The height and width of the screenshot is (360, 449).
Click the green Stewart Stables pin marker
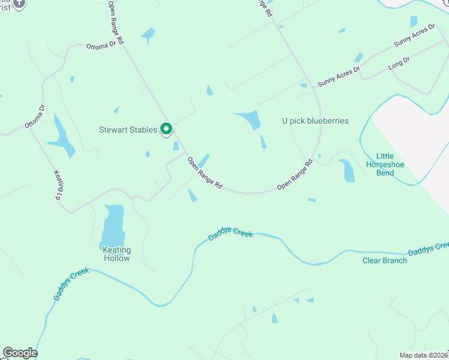[x=166, y=129]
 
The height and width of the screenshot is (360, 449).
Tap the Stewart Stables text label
[x=128, y=130]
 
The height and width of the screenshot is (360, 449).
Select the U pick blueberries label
[x=315, y=121]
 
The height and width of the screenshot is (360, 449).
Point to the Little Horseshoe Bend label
[x=385, y=164]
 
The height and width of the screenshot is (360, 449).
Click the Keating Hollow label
[x=116, y=254]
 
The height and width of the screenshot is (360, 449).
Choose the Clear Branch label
[x=385, y=260]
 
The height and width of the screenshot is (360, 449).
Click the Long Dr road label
[x=399, y=63]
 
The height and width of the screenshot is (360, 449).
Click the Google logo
[x=20, y=353]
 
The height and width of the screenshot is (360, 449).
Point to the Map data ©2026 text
[x=424, y=355]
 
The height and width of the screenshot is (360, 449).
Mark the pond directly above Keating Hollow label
[x=113, y=224]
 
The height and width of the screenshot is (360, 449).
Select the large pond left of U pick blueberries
[x=250, y=119]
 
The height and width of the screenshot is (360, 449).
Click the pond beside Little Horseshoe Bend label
[x=347, y=170]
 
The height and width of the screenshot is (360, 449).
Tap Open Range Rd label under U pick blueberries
[x=295, y=175]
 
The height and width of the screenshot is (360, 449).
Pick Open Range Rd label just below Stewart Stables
[x=205, y=173]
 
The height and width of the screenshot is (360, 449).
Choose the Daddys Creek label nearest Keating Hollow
[x=71, y=284]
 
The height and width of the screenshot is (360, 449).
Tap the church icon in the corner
[x=19, y=4]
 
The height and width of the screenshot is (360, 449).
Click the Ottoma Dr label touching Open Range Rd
[x=105, y=44]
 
